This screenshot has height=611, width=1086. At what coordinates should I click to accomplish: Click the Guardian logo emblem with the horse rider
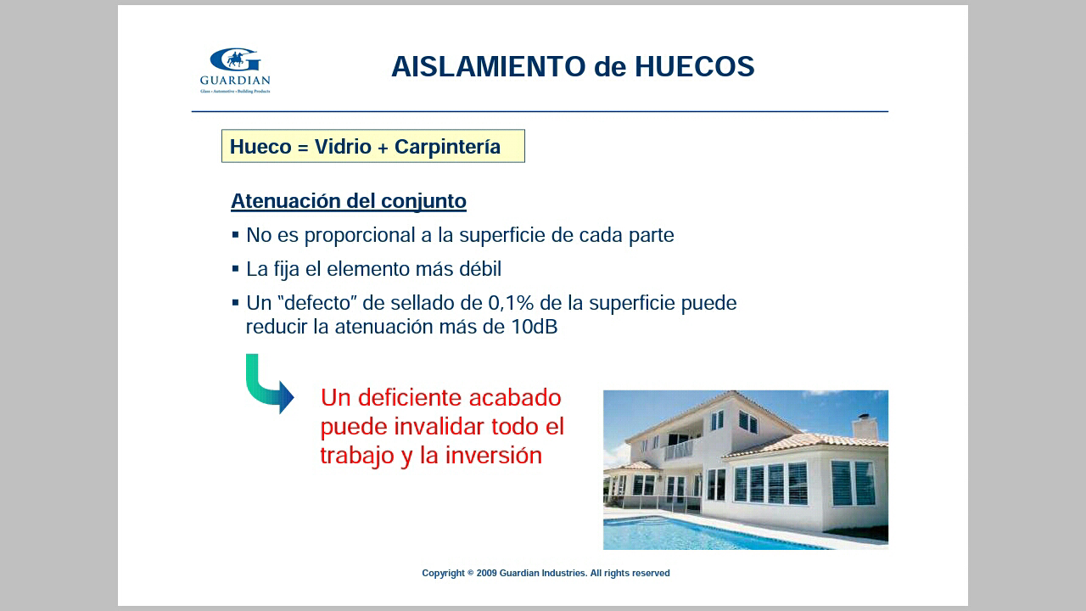(x=236, y=59)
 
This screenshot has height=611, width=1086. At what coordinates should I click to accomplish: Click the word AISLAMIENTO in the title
(x=489, y=66)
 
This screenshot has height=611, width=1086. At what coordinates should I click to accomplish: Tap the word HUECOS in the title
(x=695, y=66)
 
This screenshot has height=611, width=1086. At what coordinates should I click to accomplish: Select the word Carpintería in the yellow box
(x=447, y=147)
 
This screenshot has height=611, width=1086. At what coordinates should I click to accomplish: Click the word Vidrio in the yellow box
(x=343, y=147)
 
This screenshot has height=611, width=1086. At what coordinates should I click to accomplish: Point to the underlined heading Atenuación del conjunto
(x=349, y=201)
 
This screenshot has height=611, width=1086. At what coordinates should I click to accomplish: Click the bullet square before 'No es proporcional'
(x=236, y=235)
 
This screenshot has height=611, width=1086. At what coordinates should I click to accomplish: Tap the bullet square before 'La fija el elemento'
(x=236, y=269)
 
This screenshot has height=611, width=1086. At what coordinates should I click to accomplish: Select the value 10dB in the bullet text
(x=535, y=327)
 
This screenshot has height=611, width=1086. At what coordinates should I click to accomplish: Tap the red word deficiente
(x=410, y=398)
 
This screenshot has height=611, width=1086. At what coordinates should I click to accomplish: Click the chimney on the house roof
(x=864, y=426)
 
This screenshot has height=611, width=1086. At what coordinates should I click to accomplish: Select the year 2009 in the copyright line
(x=487, y=573)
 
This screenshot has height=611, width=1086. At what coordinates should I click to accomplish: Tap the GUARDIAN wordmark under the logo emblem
(x=235, y=80)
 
